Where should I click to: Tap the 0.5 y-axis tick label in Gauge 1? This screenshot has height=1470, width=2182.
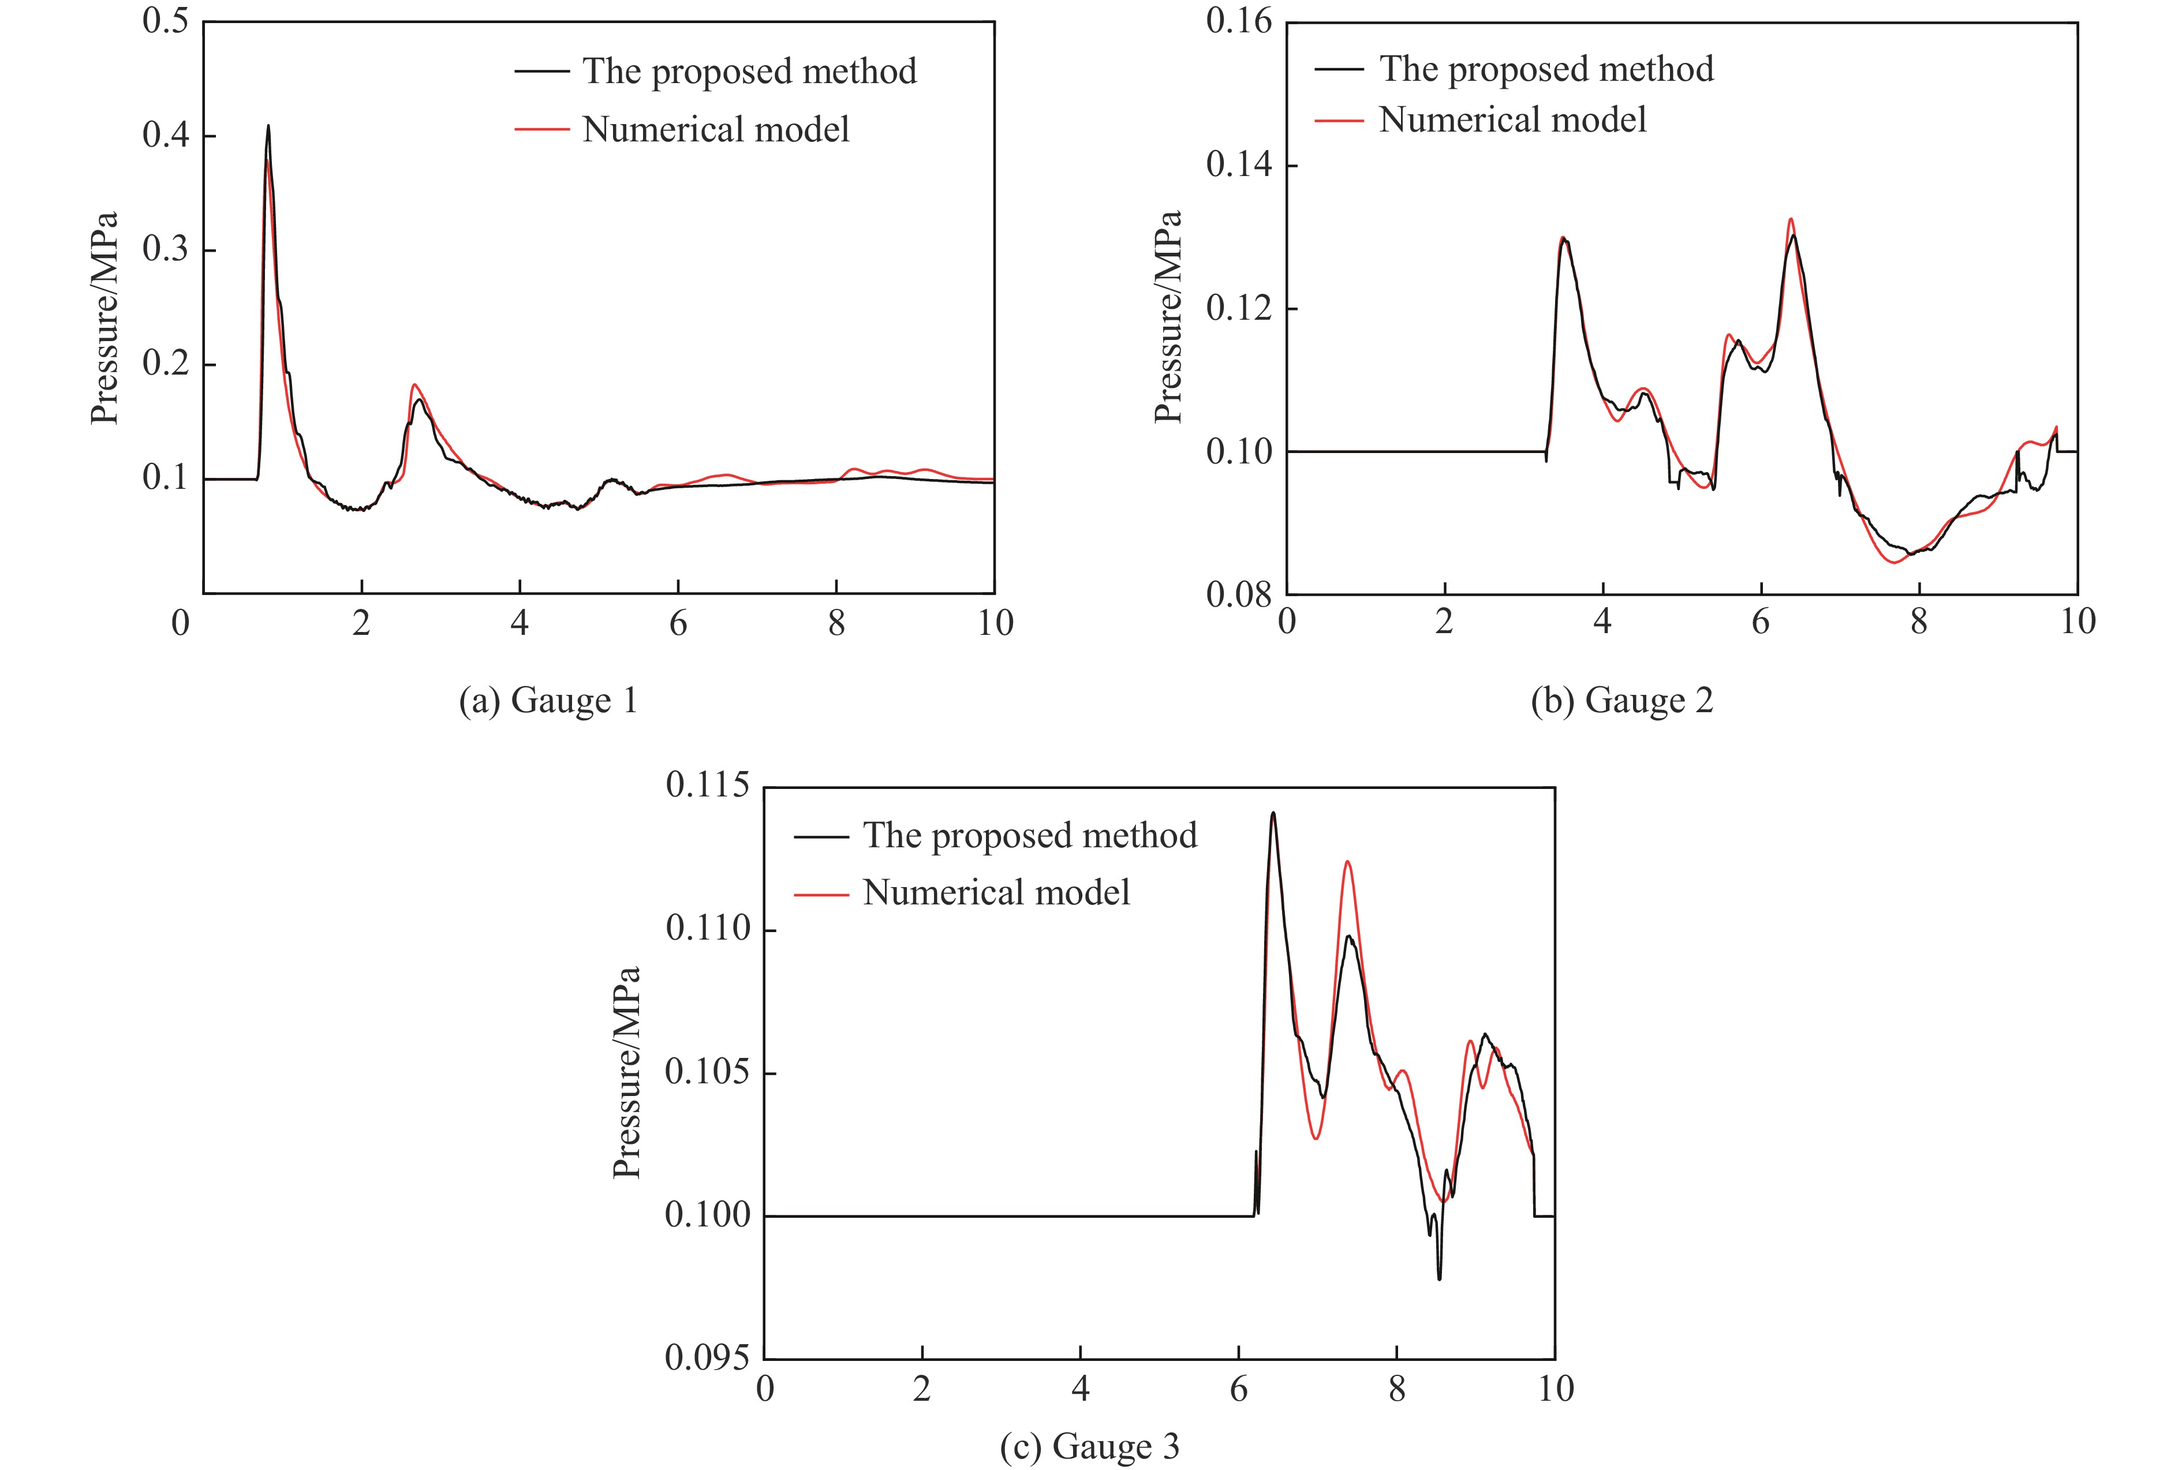click(x=165, y=21)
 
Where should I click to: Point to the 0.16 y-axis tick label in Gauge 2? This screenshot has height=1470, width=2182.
click(x=1238, y=21)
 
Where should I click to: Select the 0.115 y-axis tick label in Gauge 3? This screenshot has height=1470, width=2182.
click(x=708, y=786)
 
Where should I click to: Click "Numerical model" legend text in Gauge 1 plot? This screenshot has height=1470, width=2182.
click(x=715, y=129)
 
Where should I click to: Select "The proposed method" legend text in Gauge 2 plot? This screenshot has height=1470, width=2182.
click(x=1545, y=69)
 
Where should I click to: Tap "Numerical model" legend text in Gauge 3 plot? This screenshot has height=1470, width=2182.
click(x=996, y=892)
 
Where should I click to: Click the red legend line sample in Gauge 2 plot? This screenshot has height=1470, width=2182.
click(x=1338, y=120)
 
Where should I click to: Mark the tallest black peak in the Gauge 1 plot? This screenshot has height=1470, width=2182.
click(x=268, y=126)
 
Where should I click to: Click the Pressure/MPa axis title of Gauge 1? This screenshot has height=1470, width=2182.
click(x=104, y=319)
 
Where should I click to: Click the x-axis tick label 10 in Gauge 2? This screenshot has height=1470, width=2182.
click(x=2077, y=622)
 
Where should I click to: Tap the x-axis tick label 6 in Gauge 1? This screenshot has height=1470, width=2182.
click(x=678, y=623)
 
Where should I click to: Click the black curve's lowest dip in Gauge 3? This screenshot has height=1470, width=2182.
click(x=1439, y=1278)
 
